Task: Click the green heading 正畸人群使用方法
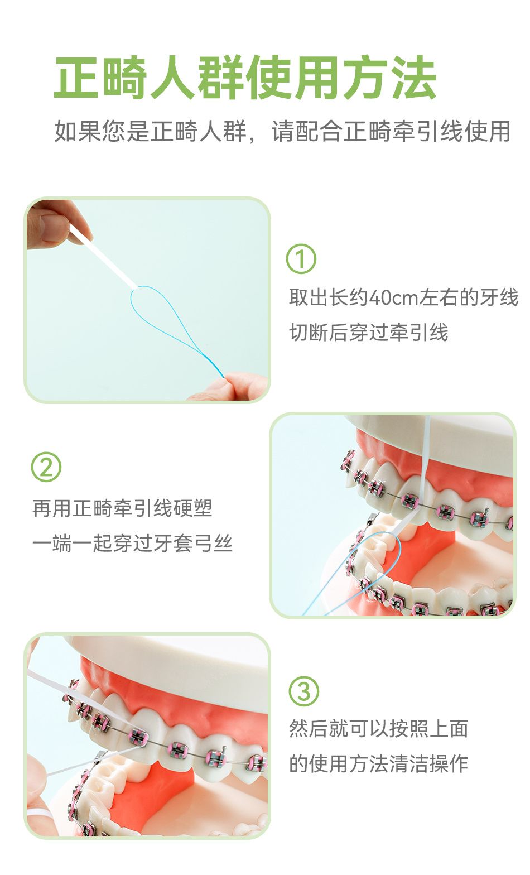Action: pyautogui.click(x=245, y=78)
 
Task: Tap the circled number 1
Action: pyautogui.click(x=301, y=258)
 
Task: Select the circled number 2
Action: pyautogui.click(x=46, y=467)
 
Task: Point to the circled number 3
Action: pyautogui.click(x=303, y=691)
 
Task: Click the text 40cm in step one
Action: pyautogui.click(x=393, y=297)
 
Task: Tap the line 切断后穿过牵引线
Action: pyautogui.click(x=368, y=333)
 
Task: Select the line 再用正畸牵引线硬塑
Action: pyautogui.click(x=122, y=508)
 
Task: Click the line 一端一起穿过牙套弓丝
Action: pyautogui.click(x=132, y=544)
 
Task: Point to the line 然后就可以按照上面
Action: pyautogui.click(x=378, y=729)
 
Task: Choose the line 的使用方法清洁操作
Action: pyautogui.click(x=378, y=763)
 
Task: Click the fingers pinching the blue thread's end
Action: pyautogui.click(x=230, y=387)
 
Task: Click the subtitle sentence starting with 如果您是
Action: pyautogui.click(x=282, y=131)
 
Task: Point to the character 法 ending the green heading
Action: pyautogui.click(x=414, y=78)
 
